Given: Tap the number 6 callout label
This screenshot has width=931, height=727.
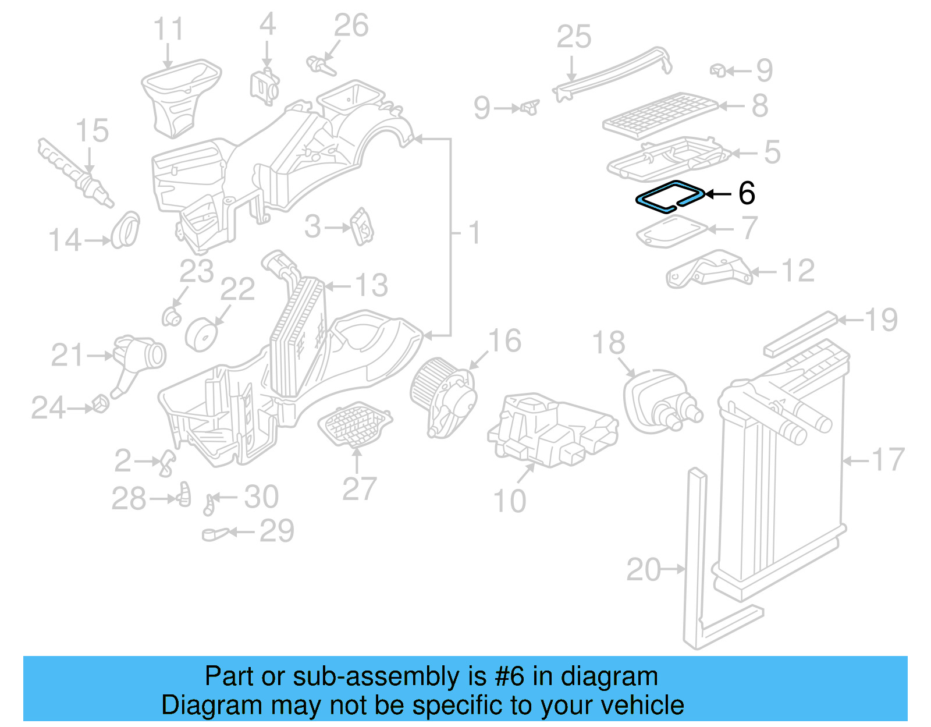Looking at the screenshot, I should (747, 193).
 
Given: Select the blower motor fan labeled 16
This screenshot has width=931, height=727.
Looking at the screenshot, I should (442, 395).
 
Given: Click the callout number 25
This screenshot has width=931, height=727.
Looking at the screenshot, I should (574, 37).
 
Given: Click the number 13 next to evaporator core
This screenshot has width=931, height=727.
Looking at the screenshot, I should (371, 285).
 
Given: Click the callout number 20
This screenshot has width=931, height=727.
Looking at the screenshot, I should (644, 569).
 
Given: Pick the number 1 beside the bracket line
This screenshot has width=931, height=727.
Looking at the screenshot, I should (475, 233).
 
